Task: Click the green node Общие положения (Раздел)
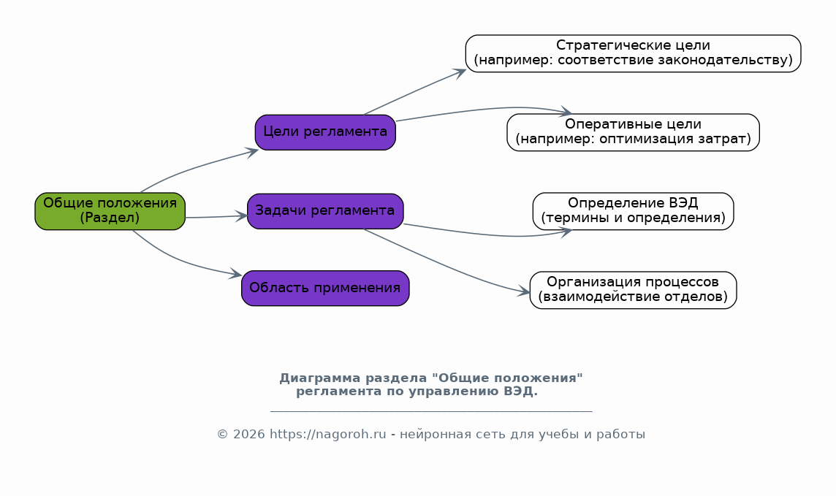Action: point(110,211)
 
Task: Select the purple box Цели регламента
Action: point(325,132)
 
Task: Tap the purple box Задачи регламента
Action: point(325,211)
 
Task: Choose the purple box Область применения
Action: point(325,289)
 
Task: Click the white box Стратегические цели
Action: point(633,53)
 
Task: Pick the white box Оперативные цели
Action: point(633,132)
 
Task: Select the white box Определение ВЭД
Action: point(633,211)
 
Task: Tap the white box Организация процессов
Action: point(633,290)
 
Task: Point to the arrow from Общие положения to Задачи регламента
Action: point(216,216)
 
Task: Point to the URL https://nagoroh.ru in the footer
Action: point(327,434)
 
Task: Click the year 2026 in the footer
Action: point(249,434)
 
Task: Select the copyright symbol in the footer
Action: point(222,434)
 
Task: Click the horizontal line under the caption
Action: point(431,411)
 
